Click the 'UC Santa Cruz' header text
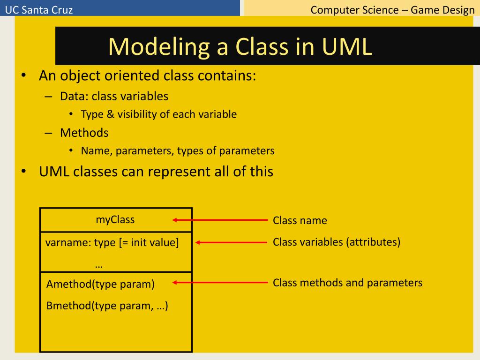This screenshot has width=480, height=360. [39, 9]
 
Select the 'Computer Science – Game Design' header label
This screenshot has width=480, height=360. [392, 9]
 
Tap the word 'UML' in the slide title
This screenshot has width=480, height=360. [347, 46]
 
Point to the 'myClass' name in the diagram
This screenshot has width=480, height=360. [115, 219]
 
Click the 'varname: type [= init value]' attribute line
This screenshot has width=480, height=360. [112, 243]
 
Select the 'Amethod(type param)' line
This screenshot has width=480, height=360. [100, 284]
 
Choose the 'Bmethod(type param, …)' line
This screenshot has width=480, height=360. [107, 306]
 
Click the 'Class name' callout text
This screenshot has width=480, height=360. [300, 220]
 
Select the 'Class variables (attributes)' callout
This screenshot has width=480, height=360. [337, 242]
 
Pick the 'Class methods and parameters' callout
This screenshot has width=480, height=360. [347, 283]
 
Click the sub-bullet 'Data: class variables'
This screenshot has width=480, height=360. [114, 97]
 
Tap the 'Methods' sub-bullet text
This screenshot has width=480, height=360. [84, 133]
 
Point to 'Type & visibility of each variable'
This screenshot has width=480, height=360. [158, 114]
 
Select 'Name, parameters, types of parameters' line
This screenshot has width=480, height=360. [178, 151]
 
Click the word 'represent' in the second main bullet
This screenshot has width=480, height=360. [180, 172]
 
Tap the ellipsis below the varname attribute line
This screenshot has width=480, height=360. [98, 264]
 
